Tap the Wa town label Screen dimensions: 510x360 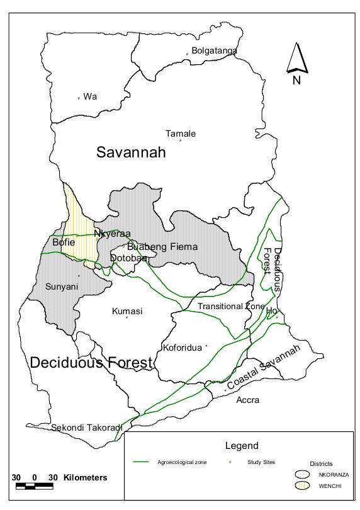(x=90, y=96)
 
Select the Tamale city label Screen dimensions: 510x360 (x=181, y=133)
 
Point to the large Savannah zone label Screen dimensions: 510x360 (x=131, y=152)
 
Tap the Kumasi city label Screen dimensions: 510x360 (x=127, y=311)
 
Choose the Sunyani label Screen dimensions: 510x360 (x=62, y=286)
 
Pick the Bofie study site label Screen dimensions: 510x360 (x=64, y=242)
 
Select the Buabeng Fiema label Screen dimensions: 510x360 (x=162, y=247)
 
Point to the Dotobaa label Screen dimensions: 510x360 (x=128, y=258)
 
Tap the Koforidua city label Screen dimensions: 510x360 (x=183, y=347)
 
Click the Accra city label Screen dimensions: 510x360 (x=247, y=400)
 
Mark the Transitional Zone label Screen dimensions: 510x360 (x=231, y=306)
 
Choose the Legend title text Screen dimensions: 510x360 (x=242, y=446)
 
